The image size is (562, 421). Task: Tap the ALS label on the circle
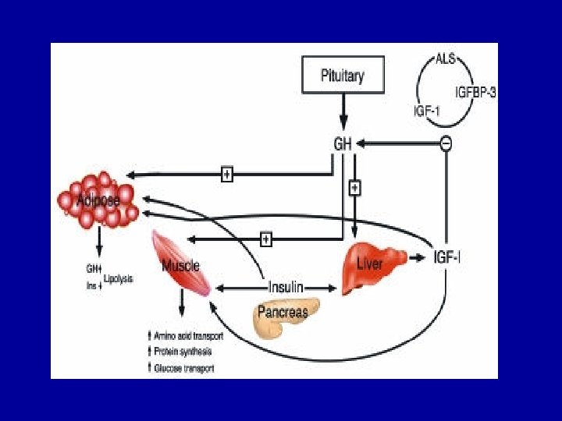pos(446,58)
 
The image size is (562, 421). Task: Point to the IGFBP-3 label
pos(476,92)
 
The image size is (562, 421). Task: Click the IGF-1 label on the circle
pos(427,111)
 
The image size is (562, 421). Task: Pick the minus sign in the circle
pos(446,143)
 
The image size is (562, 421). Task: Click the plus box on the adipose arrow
pos(226,175)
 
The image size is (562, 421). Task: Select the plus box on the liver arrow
pos(354,188)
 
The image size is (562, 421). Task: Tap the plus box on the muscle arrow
pos(266,239)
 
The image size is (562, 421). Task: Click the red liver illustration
pos(372,266)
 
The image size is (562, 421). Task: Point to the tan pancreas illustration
pos(283,316)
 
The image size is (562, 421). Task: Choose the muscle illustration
pos(181,263)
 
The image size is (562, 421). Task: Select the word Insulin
pos(286,287)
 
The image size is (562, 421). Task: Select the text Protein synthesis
pos(183,352)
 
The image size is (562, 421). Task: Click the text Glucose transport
pos(183,368)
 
